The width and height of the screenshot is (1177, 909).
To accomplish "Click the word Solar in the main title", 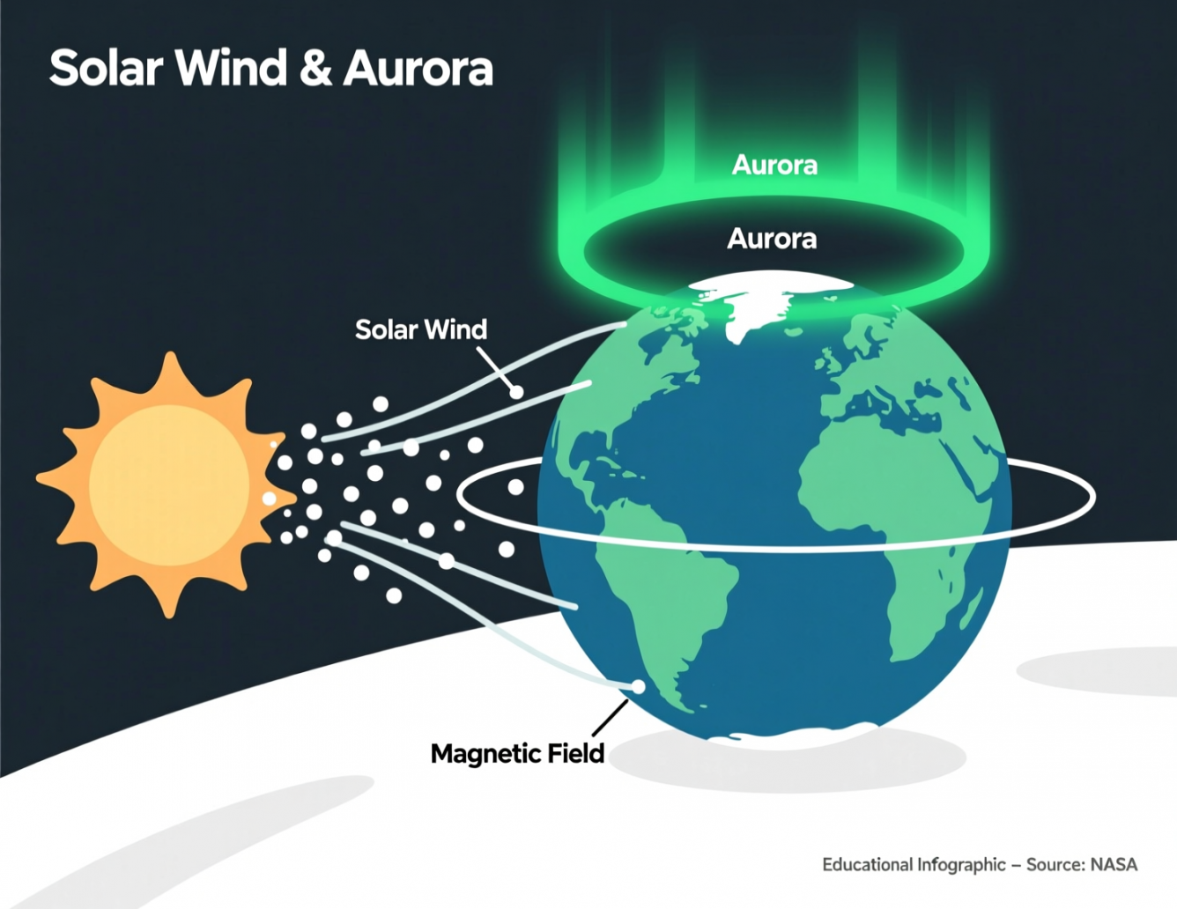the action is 107,68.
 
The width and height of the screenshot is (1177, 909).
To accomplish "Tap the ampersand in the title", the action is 315,68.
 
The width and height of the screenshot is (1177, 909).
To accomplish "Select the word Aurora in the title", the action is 418,69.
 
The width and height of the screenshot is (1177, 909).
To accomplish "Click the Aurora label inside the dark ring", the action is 772,239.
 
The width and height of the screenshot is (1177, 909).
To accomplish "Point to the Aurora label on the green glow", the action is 774,165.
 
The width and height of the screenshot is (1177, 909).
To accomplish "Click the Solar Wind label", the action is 421,329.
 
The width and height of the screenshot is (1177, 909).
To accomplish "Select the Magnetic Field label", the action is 517,754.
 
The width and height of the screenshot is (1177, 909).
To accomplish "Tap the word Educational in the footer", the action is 867,865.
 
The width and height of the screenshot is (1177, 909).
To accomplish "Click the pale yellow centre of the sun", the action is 169,485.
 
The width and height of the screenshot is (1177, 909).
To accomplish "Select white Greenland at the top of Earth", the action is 759,303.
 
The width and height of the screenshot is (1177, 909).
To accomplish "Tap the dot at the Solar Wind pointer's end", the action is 517,392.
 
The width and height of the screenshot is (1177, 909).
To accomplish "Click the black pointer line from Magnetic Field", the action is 611,718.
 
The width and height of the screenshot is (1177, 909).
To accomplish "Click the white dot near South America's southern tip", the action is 639,686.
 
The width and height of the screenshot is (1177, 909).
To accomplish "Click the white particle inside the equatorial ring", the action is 515,487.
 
